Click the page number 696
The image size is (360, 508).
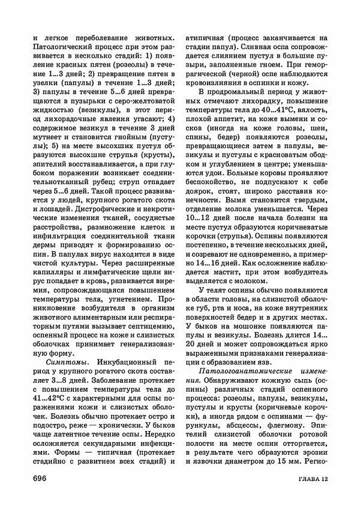pyautogui.click(x=41, y=477)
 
